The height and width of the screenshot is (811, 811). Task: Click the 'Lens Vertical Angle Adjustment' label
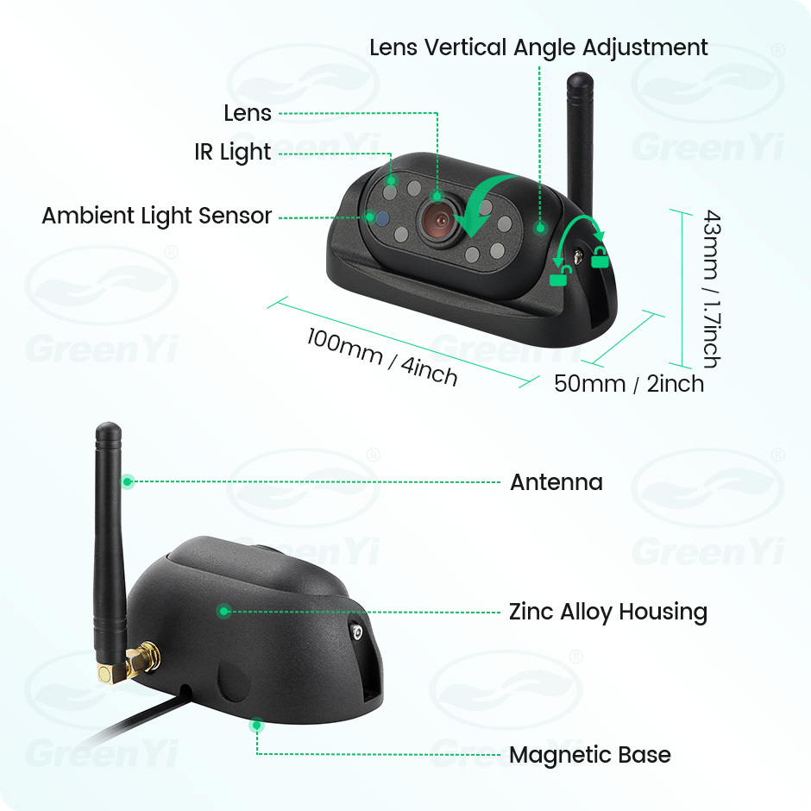538,47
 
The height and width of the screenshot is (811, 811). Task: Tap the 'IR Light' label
233,152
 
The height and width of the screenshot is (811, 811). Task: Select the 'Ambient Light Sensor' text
157,216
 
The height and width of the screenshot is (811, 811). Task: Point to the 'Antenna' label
556,482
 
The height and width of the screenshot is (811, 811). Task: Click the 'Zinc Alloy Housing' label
608,612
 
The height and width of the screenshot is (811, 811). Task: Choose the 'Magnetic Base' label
590,755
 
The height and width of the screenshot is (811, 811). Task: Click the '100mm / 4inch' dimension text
381,357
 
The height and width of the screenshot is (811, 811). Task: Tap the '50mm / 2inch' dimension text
629,384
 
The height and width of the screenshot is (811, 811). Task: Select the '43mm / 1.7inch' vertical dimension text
712,289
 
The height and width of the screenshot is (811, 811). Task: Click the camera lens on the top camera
440,222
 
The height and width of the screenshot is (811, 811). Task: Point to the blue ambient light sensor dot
381,218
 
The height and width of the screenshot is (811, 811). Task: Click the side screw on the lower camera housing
357,632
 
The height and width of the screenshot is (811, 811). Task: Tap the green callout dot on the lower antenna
128,482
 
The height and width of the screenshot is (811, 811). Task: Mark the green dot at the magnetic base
256,725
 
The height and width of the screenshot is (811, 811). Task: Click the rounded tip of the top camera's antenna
581,80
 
